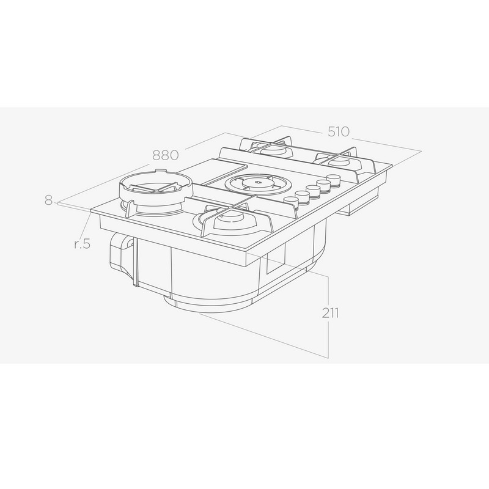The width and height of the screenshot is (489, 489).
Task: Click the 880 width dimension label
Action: coord(166,155)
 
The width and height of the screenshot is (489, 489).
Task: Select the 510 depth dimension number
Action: coord(339,131)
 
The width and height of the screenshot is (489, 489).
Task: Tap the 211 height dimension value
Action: coord(330,313)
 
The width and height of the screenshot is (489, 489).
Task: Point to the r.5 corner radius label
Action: coord(83,243)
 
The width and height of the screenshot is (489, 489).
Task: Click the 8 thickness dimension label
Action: coord(48,200)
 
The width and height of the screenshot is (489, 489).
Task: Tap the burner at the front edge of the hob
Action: coord(232,220)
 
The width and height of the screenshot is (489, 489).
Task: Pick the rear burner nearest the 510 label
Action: coord(339,160)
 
